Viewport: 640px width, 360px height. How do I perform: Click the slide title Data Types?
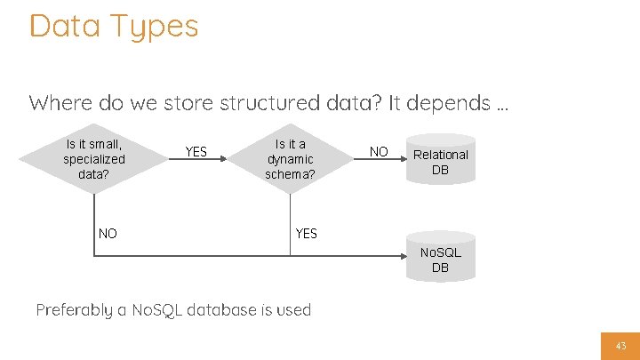[113, 26]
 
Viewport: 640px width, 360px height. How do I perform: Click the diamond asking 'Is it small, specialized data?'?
[94, 158]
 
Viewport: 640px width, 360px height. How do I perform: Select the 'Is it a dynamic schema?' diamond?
[290, 158]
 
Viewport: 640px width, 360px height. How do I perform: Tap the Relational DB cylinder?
[440, 161]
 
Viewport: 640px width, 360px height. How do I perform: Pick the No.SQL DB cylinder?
[440, 259]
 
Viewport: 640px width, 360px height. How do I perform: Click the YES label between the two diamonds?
[196, 151]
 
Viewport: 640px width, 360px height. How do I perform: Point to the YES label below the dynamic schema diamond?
[306, 234]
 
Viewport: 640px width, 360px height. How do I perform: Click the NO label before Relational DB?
[379, 151]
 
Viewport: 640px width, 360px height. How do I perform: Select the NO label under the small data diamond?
[108, 234]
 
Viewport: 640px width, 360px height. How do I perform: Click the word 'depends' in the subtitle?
[445, 103]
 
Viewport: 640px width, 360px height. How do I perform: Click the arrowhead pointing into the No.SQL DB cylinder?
[402, 257]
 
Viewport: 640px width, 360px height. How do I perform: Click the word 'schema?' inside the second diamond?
[290, 173]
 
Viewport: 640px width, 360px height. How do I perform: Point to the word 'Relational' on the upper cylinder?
[440, 155]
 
